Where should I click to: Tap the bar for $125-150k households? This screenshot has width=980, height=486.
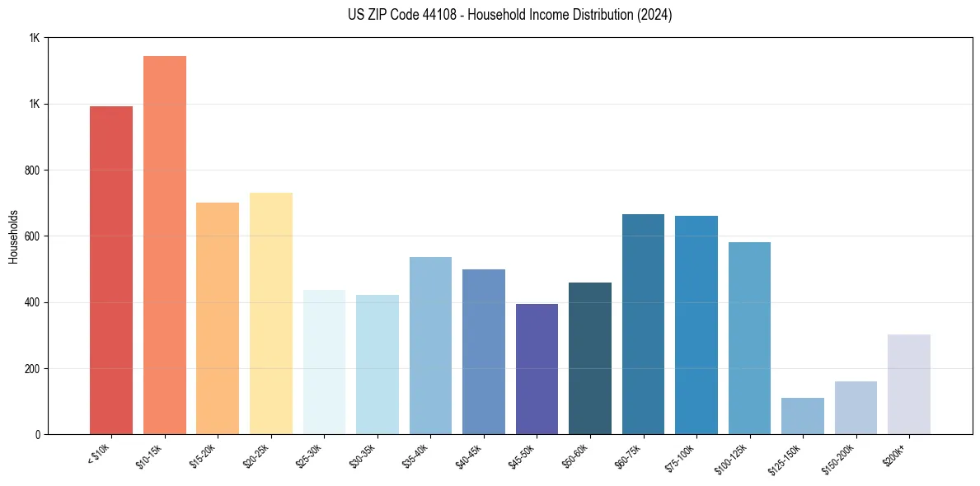pos(803,416)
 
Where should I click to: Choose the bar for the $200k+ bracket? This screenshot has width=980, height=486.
pos(909,384)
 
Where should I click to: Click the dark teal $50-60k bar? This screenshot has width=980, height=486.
pos(590,358)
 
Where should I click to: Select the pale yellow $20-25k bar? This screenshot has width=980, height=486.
pos(271,313)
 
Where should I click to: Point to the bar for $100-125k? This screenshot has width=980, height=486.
pos(749,338)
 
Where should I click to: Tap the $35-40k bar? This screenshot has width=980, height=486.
pos(430,345)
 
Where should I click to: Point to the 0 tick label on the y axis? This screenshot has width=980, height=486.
pos(38,434)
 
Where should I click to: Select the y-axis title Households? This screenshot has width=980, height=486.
pos(13,236)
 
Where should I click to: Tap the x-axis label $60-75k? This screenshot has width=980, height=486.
pos(632,456)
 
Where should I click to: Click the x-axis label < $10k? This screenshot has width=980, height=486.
pos(99,454)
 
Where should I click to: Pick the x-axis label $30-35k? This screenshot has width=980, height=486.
pos(366,456)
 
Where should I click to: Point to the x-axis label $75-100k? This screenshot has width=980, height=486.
pos(683,458)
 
